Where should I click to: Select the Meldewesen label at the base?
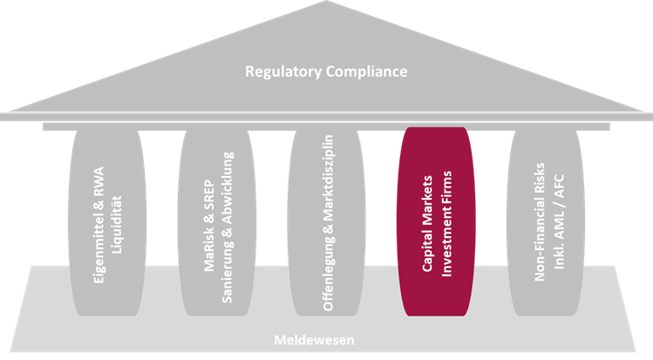point(325,340)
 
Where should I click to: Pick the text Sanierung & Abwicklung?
point(229,228)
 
